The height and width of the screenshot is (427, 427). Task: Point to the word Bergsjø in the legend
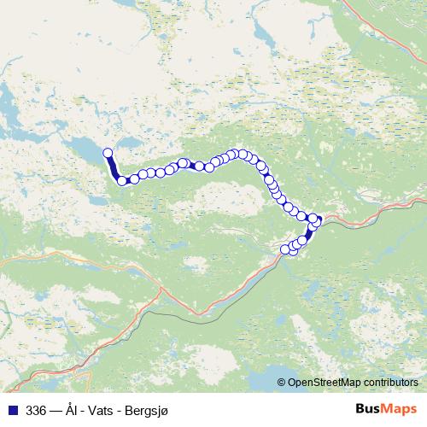148,411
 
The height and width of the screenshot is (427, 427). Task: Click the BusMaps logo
387,410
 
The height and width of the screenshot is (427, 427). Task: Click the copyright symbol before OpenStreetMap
282,383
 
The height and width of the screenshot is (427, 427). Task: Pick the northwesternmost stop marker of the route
108,153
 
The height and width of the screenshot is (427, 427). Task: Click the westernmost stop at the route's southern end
286,249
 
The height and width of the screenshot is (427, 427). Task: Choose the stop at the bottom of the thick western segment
122,180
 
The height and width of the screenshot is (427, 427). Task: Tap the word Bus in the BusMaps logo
371,410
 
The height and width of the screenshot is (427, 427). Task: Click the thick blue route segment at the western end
114,167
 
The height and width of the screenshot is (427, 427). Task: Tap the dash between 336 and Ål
56,411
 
